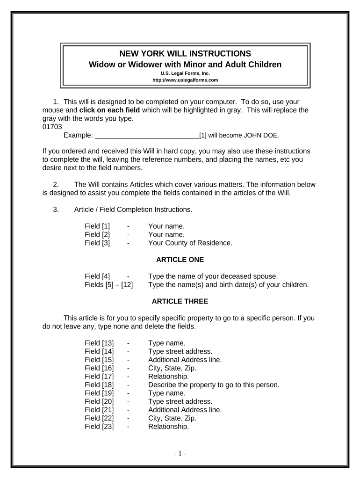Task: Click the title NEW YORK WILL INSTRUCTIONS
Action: coord(185,53)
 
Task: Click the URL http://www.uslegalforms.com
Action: coord(185,80)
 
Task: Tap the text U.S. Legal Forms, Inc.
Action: coord(185,73)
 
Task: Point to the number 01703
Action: coord(52,127)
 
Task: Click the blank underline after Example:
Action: coord(147,136)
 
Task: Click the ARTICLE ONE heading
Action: coord(180,259)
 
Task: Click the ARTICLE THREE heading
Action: coord(180,301)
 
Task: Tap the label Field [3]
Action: coord(97,243)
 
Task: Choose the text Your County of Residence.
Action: coord(190,243)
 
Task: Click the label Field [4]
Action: coord(97,276)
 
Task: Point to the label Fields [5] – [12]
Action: coord(108,284)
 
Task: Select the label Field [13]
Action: coord(99,343)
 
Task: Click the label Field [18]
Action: coord(99,385)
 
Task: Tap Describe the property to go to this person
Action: coord(214,385)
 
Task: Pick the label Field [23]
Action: coord(99,427)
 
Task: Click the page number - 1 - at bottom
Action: coord(180,454)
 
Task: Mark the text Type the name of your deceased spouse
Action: coord(213,276)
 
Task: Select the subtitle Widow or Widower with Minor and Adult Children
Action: coord(185,64)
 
